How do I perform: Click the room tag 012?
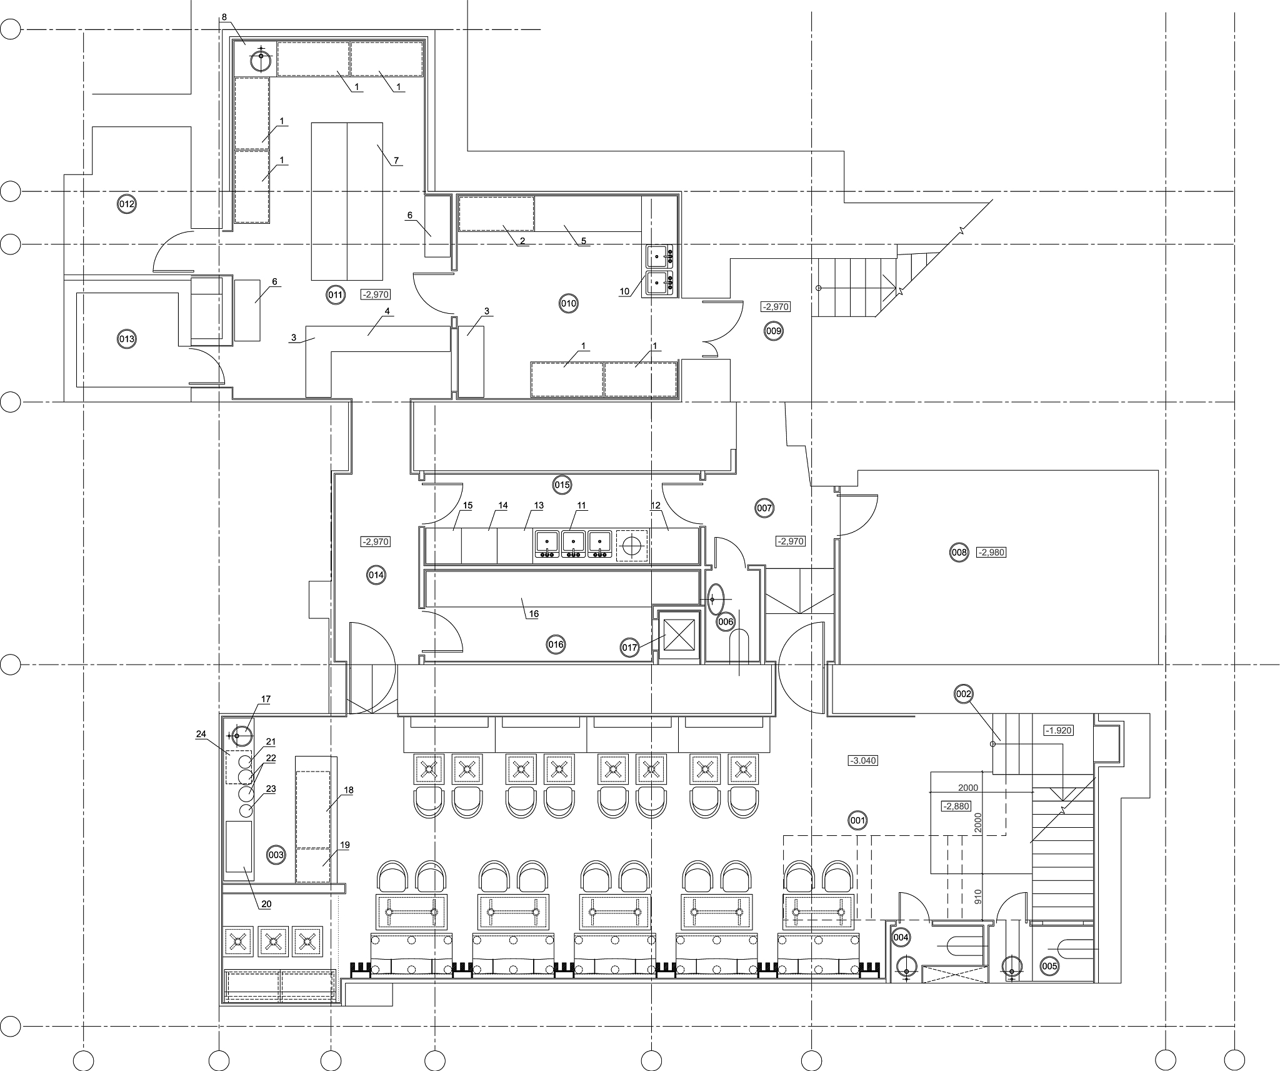click(x=127, y=204)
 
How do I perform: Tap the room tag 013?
click(x=127, y=339)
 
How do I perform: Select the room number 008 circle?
click(x=959, y=552)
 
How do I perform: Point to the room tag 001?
click(x=858, y=820)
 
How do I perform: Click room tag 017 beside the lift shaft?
click(x=630, y=647)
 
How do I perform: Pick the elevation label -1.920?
click(x=1059, y=730)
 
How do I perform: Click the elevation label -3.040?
click(x=863, y=761)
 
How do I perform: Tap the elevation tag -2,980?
click(x=991, y=553)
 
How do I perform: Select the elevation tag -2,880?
click(x=956, y=807)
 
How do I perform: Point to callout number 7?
click(x=396, y=161)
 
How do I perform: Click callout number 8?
click(x=224, y=17)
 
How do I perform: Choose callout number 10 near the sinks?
click(x=624, y=291)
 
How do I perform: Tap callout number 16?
click(x=534, y=614)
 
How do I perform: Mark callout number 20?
click(x=266, y=904)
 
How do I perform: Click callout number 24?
click(x=201, y=734)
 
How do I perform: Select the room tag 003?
click(x=276, y=855)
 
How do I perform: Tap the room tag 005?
click(x=1050, y=967)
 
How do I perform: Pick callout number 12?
click(x=656, y=505)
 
